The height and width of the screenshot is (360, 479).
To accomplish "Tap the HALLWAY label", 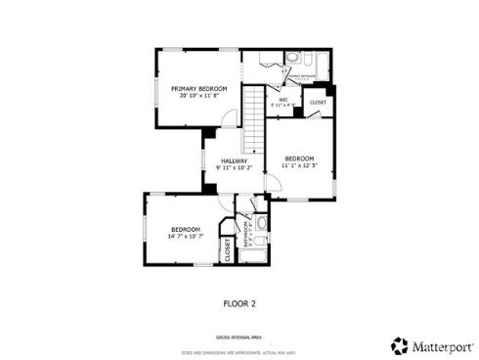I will pyautogui.click(x=234, y=160).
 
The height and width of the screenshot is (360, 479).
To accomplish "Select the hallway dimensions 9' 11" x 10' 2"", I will pyautogui.click(x=234, y=167).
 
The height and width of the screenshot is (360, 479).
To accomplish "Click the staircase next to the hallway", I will pyautogui.click(x=254, y=117).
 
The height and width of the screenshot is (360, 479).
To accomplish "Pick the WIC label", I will pyautogui.click(x=283, y=99).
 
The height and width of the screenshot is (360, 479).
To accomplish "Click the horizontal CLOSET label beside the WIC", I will pyautogui.click(x=318, y=102).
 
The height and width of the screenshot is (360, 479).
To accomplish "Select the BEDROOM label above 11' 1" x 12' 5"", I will pyautogui.click(x=299, y=158).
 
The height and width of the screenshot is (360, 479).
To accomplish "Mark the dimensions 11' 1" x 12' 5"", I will pyautogui.click(x=299, y=165).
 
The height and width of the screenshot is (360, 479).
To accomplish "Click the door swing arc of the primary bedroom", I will pyautogui.click(x=227, y=118).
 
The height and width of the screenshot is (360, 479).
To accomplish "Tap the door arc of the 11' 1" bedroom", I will pyautogui.click(x=313, y=113).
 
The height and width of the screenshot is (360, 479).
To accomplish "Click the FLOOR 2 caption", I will pyautogui.click(x=239, y=303).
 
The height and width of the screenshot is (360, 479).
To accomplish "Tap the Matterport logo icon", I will pyautogui.click(x=398, y=345).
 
